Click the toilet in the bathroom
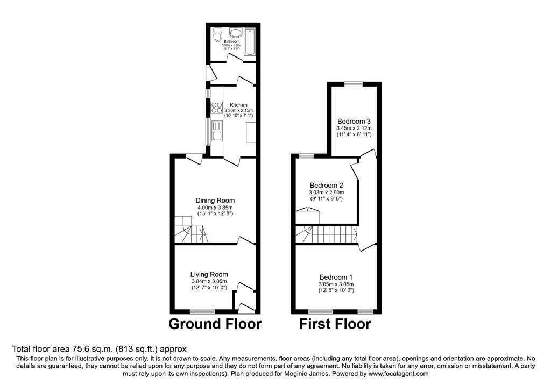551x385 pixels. [217, 35]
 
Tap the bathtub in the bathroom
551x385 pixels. [250, 41]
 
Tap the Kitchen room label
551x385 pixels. [238, 105]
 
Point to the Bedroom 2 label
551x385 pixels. [326, 186]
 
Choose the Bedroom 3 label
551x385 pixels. [354, 122]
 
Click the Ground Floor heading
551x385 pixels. [215, 324]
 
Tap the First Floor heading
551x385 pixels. [335, 324]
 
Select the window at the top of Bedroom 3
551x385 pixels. [354, 83]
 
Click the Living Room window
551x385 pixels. [202, 311]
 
